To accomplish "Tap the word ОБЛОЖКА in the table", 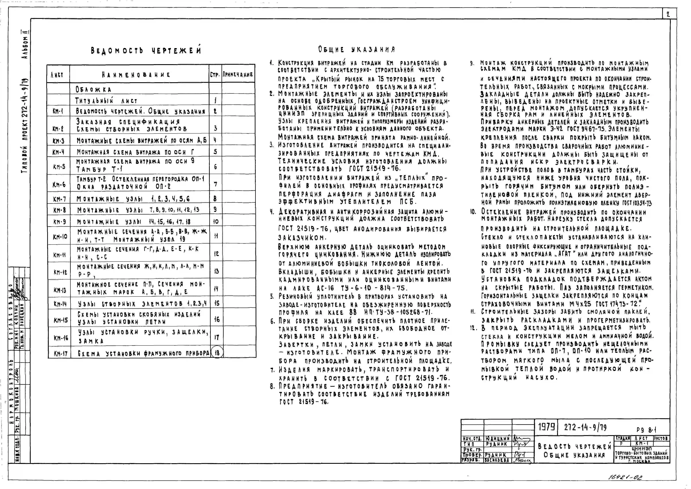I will (93, 89).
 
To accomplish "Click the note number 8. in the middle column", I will (272, 386).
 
